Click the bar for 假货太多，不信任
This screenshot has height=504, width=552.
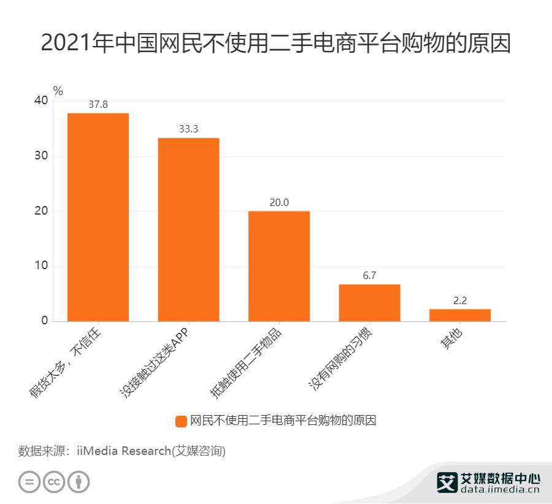(98, 217)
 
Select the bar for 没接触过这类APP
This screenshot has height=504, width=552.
(188, 229)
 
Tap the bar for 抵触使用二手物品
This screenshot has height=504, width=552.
(279, 266)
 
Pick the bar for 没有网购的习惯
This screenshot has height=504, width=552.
(369, 302)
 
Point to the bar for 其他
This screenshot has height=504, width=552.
(460, 315)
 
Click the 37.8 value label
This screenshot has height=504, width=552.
(98, 105)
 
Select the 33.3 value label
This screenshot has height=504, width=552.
(188, 129)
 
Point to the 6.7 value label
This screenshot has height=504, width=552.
(369, 276)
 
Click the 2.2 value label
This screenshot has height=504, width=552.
(460, 300)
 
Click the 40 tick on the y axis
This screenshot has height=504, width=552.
(41, 101)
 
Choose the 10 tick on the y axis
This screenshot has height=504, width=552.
(41, 266)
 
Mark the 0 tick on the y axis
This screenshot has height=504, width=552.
(45, 321)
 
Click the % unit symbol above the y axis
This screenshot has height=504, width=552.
(58, 91)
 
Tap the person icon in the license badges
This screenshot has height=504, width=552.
(79, 481)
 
